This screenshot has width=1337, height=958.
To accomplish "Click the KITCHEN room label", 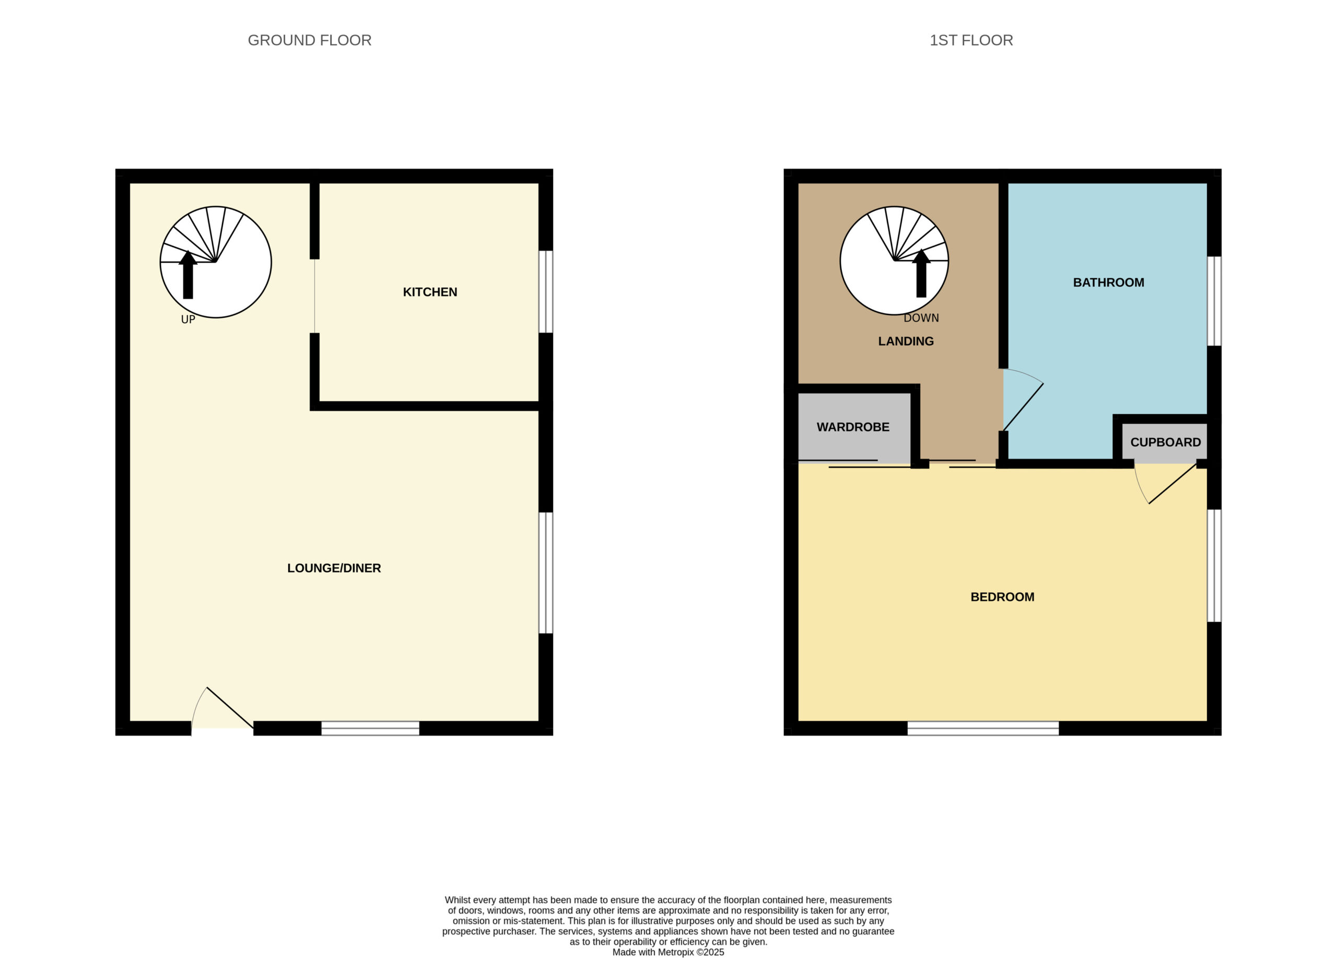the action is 430,292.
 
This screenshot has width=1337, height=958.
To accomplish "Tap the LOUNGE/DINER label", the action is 334,568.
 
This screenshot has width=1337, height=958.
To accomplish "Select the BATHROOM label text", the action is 1108,283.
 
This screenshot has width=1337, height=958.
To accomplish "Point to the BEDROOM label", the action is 1002,597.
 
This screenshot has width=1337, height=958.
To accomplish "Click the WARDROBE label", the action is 853,427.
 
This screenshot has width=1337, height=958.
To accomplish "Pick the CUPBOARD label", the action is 1166,442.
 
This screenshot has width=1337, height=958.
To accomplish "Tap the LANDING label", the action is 906,341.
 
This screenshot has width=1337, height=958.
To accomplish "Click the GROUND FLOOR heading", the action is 310,40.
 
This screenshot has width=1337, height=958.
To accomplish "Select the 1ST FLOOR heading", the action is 971,40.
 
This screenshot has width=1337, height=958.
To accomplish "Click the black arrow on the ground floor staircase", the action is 187,275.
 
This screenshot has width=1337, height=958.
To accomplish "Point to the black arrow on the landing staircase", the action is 921,273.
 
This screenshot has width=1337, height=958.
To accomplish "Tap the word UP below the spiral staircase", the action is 188,320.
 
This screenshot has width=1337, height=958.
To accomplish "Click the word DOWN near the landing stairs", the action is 921,318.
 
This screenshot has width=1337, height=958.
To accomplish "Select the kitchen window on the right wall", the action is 546,292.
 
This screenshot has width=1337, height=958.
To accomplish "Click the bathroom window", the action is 1214,301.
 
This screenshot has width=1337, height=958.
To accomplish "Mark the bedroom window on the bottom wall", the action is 983,728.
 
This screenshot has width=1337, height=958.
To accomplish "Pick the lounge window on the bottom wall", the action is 370,728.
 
